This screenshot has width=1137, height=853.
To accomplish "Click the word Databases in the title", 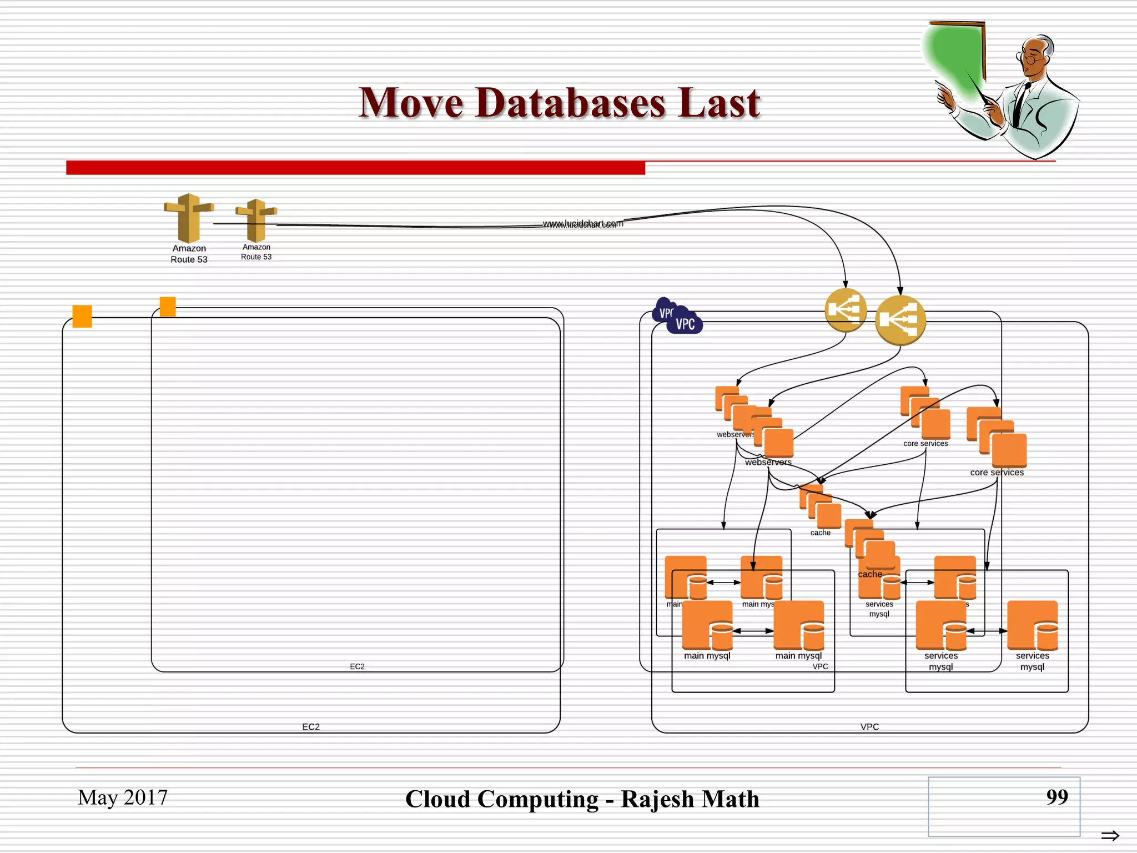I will pyautogui.click(x=570, y=103).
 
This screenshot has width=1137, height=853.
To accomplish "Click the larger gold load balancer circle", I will pyautogui.click(x=900, y=320).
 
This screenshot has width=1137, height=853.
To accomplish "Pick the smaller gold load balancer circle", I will pyautogui.click(x=845, y=310).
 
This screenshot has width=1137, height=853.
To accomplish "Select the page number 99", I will pyautogui.click(x=1056, y=797).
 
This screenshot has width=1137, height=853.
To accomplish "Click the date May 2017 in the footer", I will pyautogui.click(x=123, y=797).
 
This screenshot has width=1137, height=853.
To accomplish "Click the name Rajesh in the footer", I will pyautogui.click(x=657, y=799).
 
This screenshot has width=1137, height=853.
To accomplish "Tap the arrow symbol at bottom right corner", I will pyautogui.click(x=1110, y=835).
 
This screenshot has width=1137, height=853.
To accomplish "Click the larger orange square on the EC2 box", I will pyautogui.click(x=82, y=316).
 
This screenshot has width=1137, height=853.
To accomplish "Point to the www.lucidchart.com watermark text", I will pyautogui.click(x=583, y=224).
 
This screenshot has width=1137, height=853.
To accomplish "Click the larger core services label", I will pyautogui.click(x=997, y=473).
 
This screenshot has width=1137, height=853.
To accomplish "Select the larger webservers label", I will pyautogui.click(x=768, y=462).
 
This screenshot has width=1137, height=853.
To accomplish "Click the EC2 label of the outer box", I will pyautogui.click(x=311, y=727).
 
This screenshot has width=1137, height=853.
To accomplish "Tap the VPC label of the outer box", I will pyautogui.click(x=869, y=727).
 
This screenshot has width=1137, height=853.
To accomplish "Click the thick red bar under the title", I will pyautogui.click(x=355, y=168).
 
